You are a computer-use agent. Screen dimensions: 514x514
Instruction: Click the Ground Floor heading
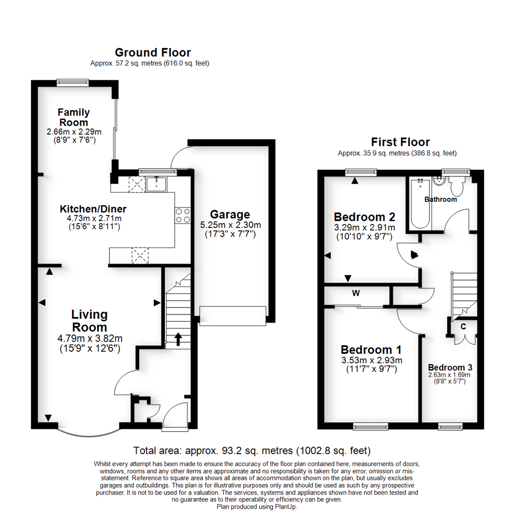click(153, 52)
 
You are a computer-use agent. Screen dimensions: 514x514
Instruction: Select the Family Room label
click(74, 117)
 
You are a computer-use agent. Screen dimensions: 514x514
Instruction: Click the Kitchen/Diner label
click(93, 209)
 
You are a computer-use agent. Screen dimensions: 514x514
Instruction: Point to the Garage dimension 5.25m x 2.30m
click(230, 225)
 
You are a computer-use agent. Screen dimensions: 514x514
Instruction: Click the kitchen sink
click(155, 183)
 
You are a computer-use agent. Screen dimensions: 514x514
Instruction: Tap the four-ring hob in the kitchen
click(183, 216)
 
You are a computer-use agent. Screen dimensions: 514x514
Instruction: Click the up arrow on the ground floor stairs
click(178, 339)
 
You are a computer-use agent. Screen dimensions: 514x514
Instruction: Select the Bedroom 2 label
click(365, 217)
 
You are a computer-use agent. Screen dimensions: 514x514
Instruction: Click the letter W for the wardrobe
click(356, 293)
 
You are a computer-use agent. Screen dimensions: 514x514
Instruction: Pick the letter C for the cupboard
click(463, 326)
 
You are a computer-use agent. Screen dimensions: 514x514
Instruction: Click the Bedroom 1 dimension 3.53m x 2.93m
click(371, 360)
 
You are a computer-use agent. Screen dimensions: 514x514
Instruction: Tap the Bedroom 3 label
click(450, 367)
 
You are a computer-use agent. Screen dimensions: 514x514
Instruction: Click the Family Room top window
click(72, 82)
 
